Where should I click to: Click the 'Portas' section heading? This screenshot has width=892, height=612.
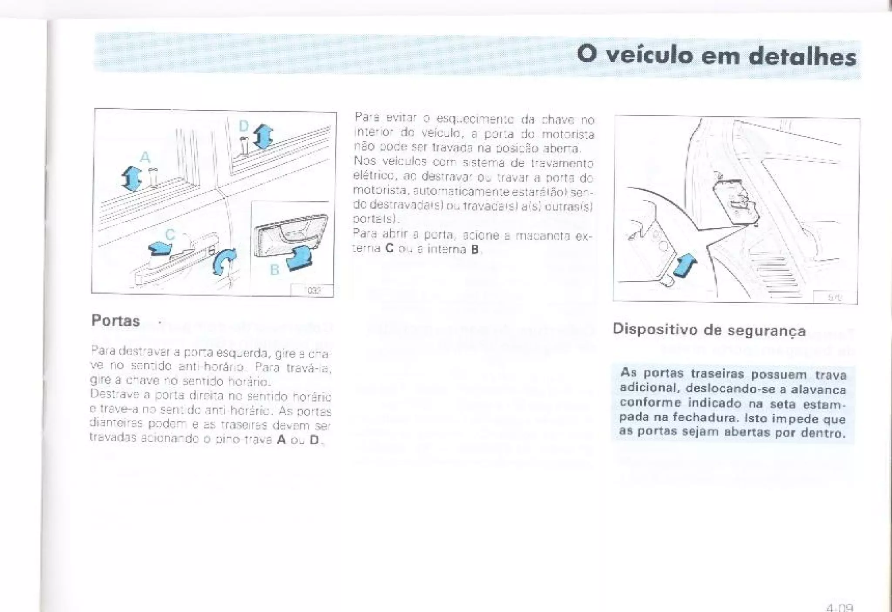coord(115,321)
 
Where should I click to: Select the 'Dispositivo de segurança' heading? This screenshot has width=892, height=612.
coord(709,330)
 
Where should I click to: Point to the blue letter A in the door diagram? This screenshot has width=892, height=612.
coord(145,157)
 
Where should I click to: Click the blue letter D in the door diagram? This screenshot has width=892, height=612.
coord(243,126)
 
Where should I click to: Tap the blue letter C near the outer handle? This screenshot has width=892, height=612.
coord(170,235)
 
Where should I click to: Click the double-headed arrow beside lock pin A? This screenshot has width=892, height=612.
coord(131,179)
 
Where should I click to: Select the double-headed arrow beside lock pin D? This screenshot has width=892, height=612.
coord(263,136)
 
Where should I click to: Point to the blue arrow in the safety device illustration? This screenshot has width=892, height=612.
coord(685,266)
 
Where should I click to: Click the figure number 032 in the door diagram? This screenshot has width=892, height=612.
coord(314,291)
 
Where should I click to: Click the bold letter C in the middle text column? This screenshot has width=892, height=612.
coord(389,249)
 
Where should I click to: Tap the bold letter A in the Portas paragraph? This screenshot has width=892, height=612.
coord(281,440)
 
